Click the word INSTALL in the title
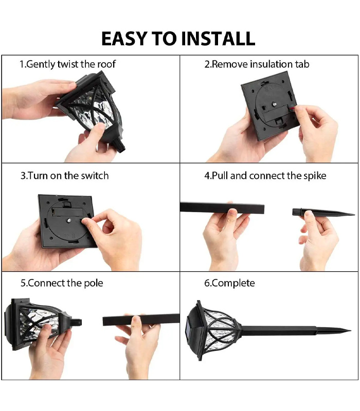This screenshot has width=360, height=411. (x=218, y=39)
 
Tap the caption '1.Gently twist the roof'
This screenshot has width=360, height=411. (x=67, y=64)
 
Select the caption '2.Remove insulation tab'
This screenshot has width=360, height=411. (x=257, y=64)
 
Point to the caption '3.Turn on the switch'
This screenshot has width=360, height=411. (x=65, y=176)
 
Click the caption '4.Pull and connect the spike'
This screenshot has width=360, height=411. (x=265, y=176)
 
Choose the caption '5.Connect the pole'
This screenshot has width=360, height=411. (x=62, y=283)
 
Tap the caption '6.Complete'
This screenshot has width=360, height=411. (x=229, y=283)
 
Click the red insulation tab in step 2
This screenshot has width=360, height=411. (x=292, y=107)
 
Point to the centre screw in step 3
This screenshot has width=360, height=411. (x=69, y=220)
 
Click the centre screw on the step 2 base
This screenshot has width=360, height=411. (x=274, y=104)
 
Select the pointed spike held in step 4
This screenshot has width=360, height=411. (x=323, y=212)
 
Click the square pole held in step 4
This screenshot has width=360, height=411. (x=222, y=208)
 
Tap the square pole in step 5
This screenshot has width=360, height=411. (x=141, y=320)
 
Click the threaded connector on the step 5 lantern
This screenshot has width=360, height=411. (x=76, y=322)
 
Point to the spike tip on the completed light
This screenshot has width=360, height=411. (x=350, y=330)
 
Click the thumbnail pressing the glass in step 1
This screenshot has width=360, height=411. (x=100, y=126)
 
